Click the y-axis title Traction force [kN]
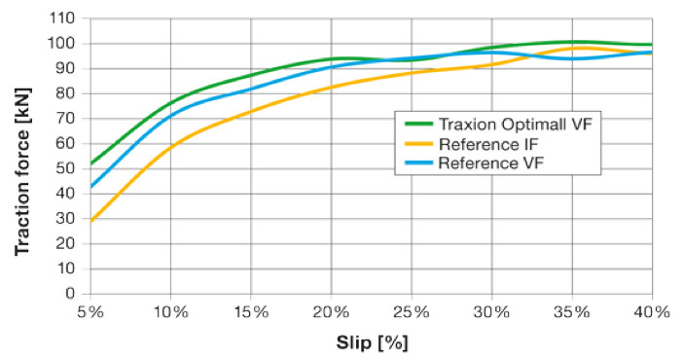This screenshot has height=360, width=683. pos(20,155)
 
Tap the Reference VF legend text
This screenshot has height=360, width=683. pos(485,162)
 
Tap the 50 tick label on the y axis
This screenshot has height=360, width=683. pos(65,168)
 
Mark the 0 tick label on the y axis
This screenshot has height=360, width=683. pos(69,293)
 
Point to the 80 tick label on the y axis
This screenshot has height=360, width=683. pos(65,93)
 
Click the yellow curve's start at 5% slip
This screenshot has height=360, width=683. pos(90,221)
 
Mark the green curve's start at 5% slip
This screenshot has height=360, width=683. pos(90,163)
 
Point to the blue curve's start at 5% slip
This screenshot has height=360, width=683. pos(90,186)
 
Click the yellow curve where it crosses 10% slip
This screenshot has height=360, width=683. pos(170,147)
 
